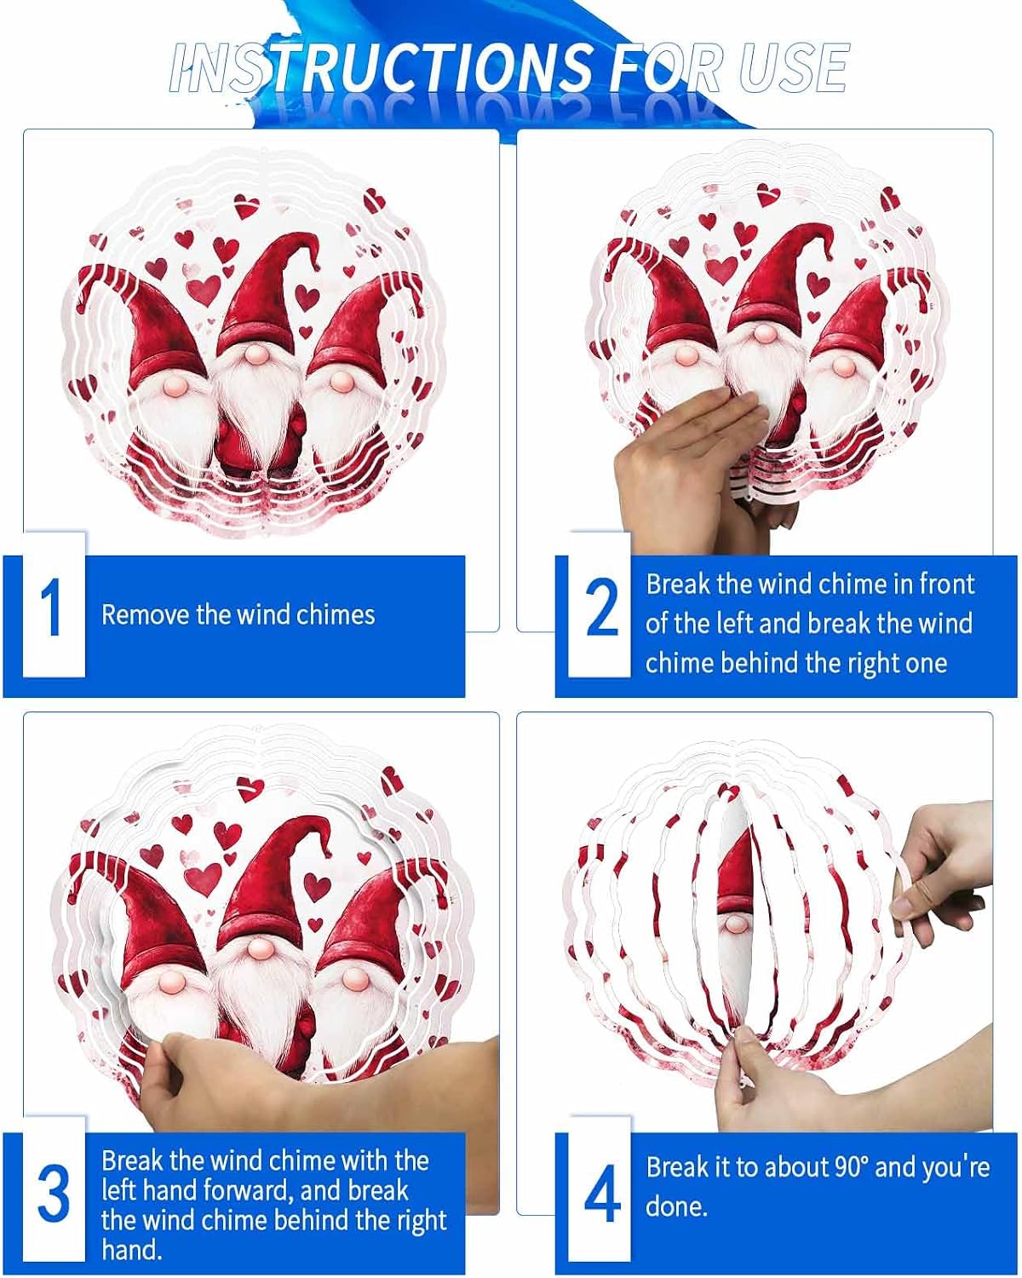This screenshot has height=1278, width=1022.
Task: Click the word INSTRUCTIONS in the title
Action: (x=381, y=67)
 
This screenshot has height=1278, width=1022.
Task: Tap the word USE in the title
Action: (x=793, y=67)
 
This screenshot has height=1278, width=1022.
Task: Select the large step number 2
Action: (x=601, y=607)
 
